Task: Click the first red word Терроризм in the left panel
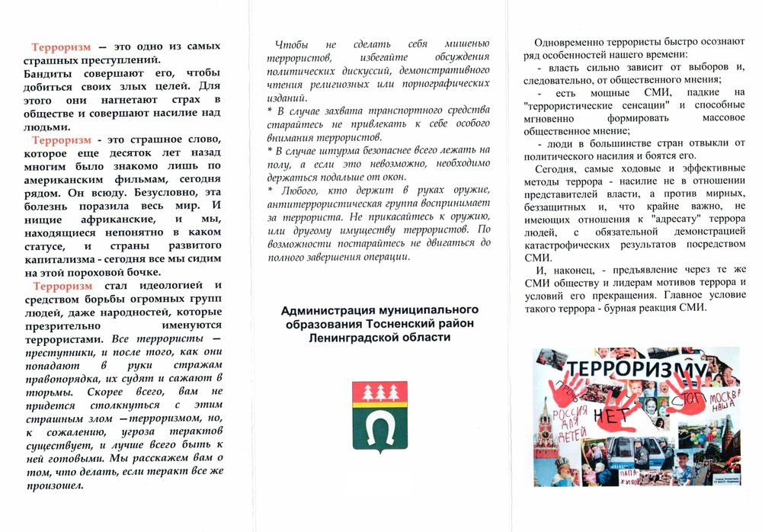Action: [x=62, y=46]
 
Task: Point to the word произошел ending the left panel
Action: [x=53, y=486]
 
